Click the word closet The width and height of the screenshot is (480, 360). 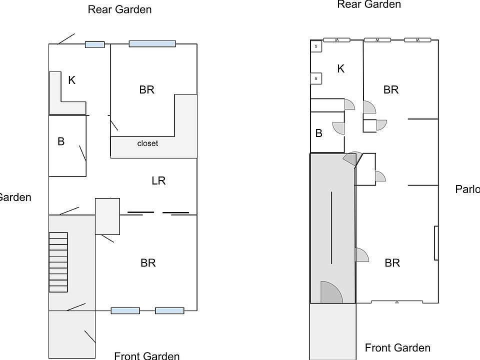point(147,143)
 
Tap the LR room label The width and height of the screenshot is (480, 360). point(158,180)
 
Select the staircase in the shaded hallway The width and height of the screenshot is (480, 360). point(58,262)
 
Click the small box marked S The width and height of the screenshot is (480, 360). point(316,46)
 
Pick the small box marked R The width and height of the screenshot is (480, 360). point(316,78)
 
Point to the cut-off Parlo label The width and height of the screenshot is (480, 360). point(467,189)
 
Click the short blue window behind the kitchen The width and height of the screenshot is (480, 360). point(94,44)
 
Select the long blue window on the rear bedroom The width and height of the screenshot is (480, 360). point(152,44)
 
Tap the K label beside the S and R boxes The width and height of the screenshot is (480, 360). point(341,68)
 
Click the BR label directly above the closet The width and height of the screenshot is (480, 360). point(147,89)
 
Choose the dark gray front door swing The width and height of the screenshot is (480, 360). point(329,293)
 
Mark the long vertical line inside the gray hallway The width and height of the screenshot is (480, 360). point(331,227)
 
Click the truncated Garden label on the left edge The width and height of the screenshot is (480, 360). point(15,197)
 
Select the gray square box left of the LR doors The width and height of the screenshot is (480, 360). point(107,216)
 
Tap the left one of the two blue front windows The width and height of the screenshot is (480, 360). point(125,310)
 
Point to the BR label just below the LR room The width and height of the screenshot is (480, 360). point(148,262)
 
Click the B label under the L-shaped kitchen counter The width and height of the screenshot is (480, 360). point(61,141)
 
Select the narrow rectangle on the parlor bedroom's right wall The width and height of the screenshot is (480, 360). point(436,243)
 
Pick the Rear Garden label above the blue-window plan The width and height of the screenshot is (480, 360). point(119,9)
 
